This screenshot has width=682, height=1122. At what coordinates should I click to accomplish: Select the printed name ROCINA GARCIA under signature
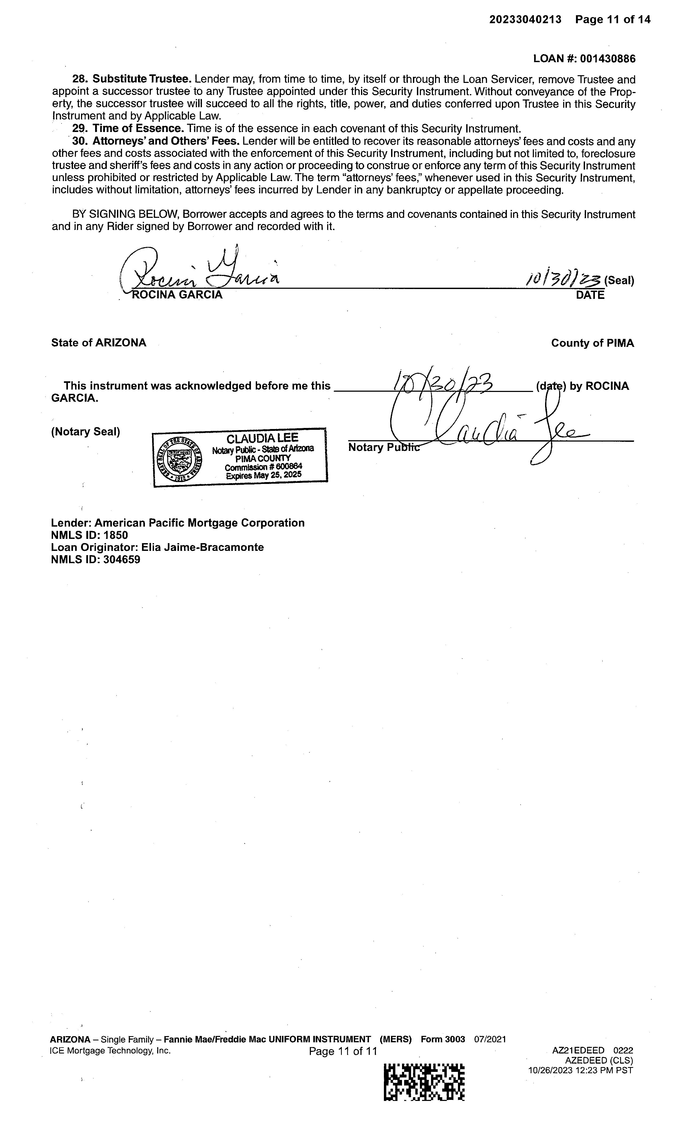pos(177,295)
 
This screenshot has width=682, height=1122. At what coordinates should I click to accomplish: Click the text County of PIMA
pos(592,343)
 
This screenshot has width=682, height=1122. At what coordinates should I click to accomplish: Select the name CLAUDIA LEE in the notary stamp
pos(262,438)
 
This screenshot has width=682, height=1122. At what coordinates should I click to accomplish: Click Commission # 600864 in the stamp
pos(263,467)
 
